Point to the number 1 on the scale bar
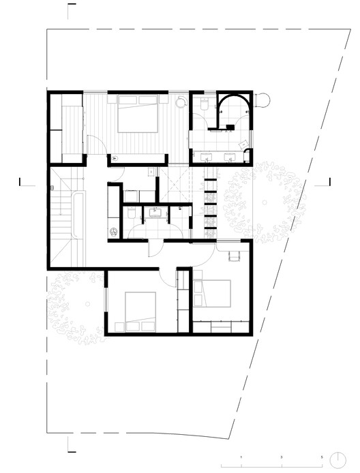pos(241,457)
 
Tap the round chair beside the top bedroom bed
pos(181,102)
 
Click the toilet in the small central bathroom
pos(130,213)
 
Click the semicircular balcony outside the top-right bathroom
pos(265,102)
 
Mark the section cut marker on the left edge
pos(22,181)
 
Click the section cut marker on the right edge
pos(329,181)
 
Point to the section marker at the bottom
pos(72,446)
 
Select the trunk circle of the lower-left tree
pos(87,305)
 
